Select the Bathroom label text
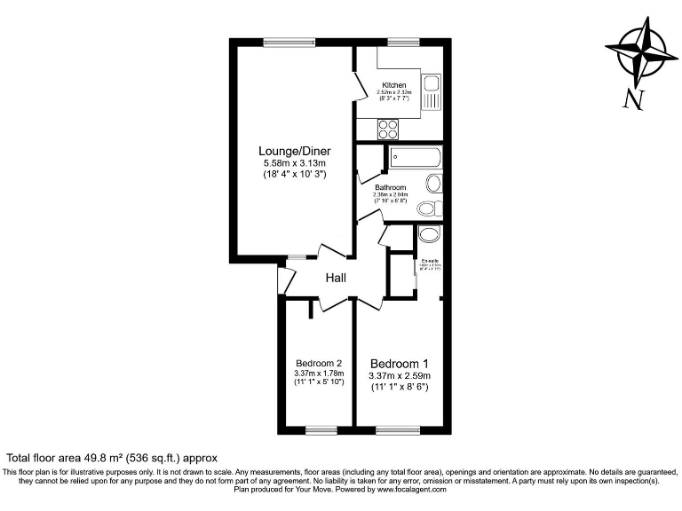click(x=390, y=188)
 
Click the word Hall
click(x=336, y=279)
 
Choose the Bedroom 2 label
click(x=318, y=363)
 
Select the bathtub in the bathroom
click(x=415, y=160)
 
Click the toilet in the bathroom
click(x=428, y=208)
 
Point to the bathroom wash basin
click(x=432, y=184)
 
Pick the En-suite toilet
click(x=428, y=234)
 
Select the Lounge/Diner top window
click(x=288, y=40)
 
